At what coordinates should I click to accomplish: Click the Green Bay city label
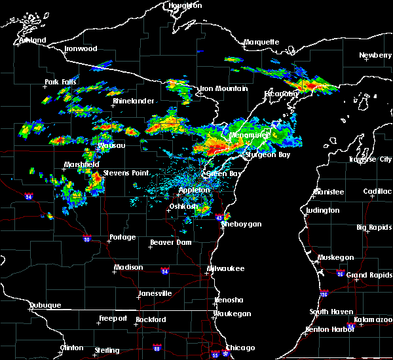point(222,174)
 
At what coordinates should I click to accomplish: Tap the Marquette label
point(261,43)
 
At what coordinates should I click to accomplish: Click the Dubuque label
point(45,306)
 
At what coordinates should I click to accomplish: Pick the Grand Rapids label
point(368,275)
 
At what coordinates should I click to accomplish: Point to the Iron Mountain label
point(223,88)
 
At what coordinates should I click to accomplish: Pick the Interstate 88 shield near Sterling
point(157,348)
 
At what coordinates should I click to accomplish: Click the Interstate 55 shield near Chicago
point(215,355)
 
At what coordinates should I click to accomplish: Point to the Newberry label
point(375,56)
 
